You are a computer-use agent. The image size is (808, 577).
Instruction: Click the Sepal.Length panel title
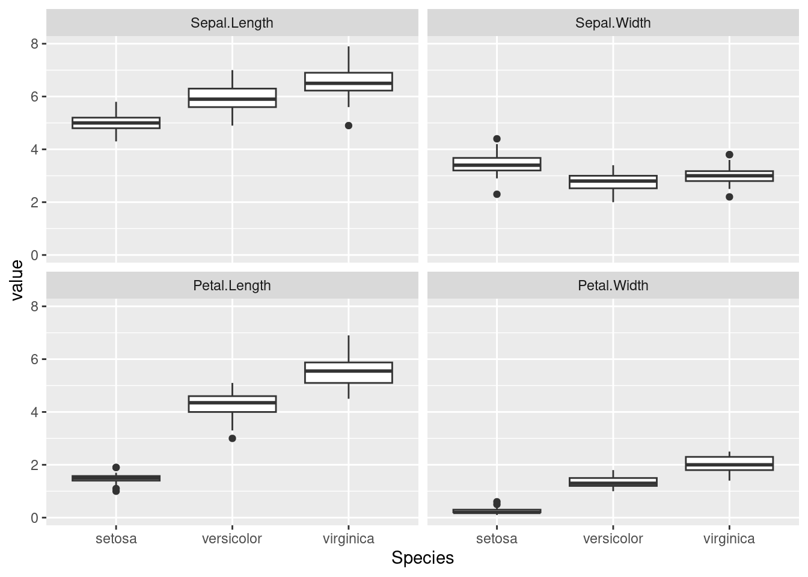point(231,23)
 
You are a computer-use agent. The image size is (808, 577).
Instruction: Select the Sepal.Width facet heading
point(613,23)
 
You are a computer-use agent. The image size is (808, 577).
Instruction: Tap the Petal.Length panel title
point(231,285)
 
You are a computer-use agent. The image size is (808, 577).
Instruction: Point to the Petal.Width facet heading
point(613,285)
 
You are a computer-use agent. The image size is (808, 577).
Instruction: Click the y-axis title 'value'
point(17,280)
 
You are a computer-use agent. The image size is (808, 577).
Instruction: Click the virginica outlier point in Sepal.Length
point(349,126)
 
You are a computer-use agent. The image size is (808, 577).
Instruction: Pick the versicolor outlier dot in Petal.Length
point(232,438)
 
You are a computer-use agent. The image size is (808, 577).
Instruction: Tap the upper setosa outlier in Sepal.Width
point(497,139)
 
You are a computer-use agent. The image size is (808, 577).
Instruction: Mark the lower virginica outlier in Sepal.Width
point(729,197)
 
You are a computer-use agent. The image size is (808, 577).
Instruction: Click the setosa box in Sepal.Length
point(116,123)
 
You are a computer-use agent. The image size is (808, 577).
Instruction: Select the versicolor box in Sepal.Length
point(232,98)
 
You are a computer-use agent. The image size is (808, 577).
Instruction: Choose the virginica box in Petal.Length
point(349,373)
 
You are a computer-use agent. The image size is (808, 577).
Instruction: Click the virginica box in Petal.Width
point(729,463)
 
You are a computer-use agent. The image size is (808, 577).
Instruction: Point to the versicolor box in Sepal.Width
point(613,182)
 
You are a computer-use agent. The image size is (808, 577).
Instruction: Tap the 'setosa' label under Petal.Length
point(116,539)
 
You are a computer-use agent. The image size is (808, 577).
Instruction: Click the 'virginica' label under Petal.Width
point(729,539)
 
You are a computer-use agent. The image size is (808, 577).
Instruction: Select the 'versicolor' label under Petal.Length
point(232,539)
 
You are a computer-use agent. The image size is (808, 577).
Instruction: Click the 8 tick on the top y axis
point(35,44)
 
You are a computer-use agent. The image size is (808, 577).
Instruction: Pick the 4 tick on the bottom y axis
point(35,412)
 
